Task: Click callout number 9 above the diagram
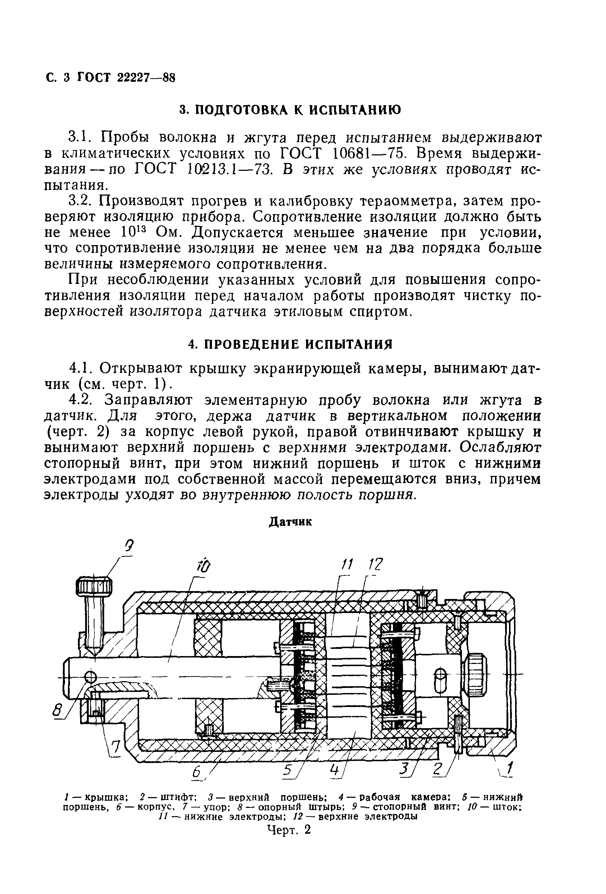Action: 130,546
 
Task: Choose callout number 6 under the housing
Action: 198,771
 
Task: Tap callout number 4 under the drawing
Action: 335,770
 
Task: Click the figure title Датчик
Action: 290,522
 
